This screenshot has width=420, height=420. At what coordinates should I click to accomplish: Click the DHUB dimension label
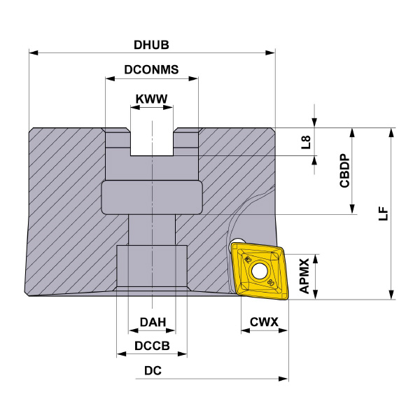coord(151,45)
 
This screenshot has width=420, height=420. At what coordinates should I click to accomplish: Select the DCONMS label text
coord(151,69)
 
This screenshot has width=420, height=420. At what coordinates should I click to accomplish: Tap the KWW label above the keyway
coord(151,99)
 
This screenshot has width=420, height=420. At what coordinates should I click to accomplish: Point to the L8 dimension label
coord(306,142)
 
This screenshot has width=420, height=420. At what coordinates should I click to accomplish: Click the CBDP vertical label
coord(344,170)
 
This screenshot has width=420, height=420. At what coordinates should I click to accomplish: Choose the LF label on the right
coord(384,213)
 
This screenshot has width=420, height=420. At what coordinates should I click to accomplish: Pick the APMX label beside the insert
coord(304,276)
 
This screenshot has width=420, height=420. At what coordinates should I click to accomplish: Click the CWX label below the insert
coord(264,322)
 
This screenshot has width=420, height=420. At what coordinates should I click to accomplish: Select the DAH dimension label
coord(153,322)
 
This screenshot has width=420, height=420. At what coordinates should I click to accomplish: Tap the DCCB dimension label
coord(152,346)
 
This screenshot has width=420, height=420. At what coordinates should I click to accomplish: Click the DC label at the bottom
coord(153,371)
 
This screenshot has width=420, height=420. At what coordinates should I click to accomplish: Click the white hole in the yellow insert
coord(259,272)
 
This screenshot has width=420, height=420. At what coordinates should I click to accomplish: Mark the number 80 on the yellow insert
coord(271,282)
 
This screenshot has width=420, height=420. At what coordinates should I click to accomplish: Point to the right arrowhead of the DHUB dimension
coord(270,52)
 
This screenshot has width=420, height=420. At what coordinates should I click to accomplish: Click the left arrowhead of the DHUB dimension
coord(34,52)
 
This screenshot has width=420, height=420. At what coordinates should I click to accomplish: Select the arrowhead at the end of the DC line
coord(283,379)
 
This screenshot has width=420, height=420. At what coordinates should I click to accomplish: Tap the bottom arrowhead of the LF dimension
coord(391,295)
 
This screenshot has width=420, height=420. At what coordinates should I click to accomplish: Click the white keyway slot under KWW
coord(152,142)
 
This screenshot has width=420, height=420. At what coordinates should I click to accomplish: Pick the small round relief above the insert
coord(238,241)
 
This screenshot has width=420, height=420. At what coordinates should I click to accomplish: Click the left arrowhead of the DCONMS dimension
coord(110,78)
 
